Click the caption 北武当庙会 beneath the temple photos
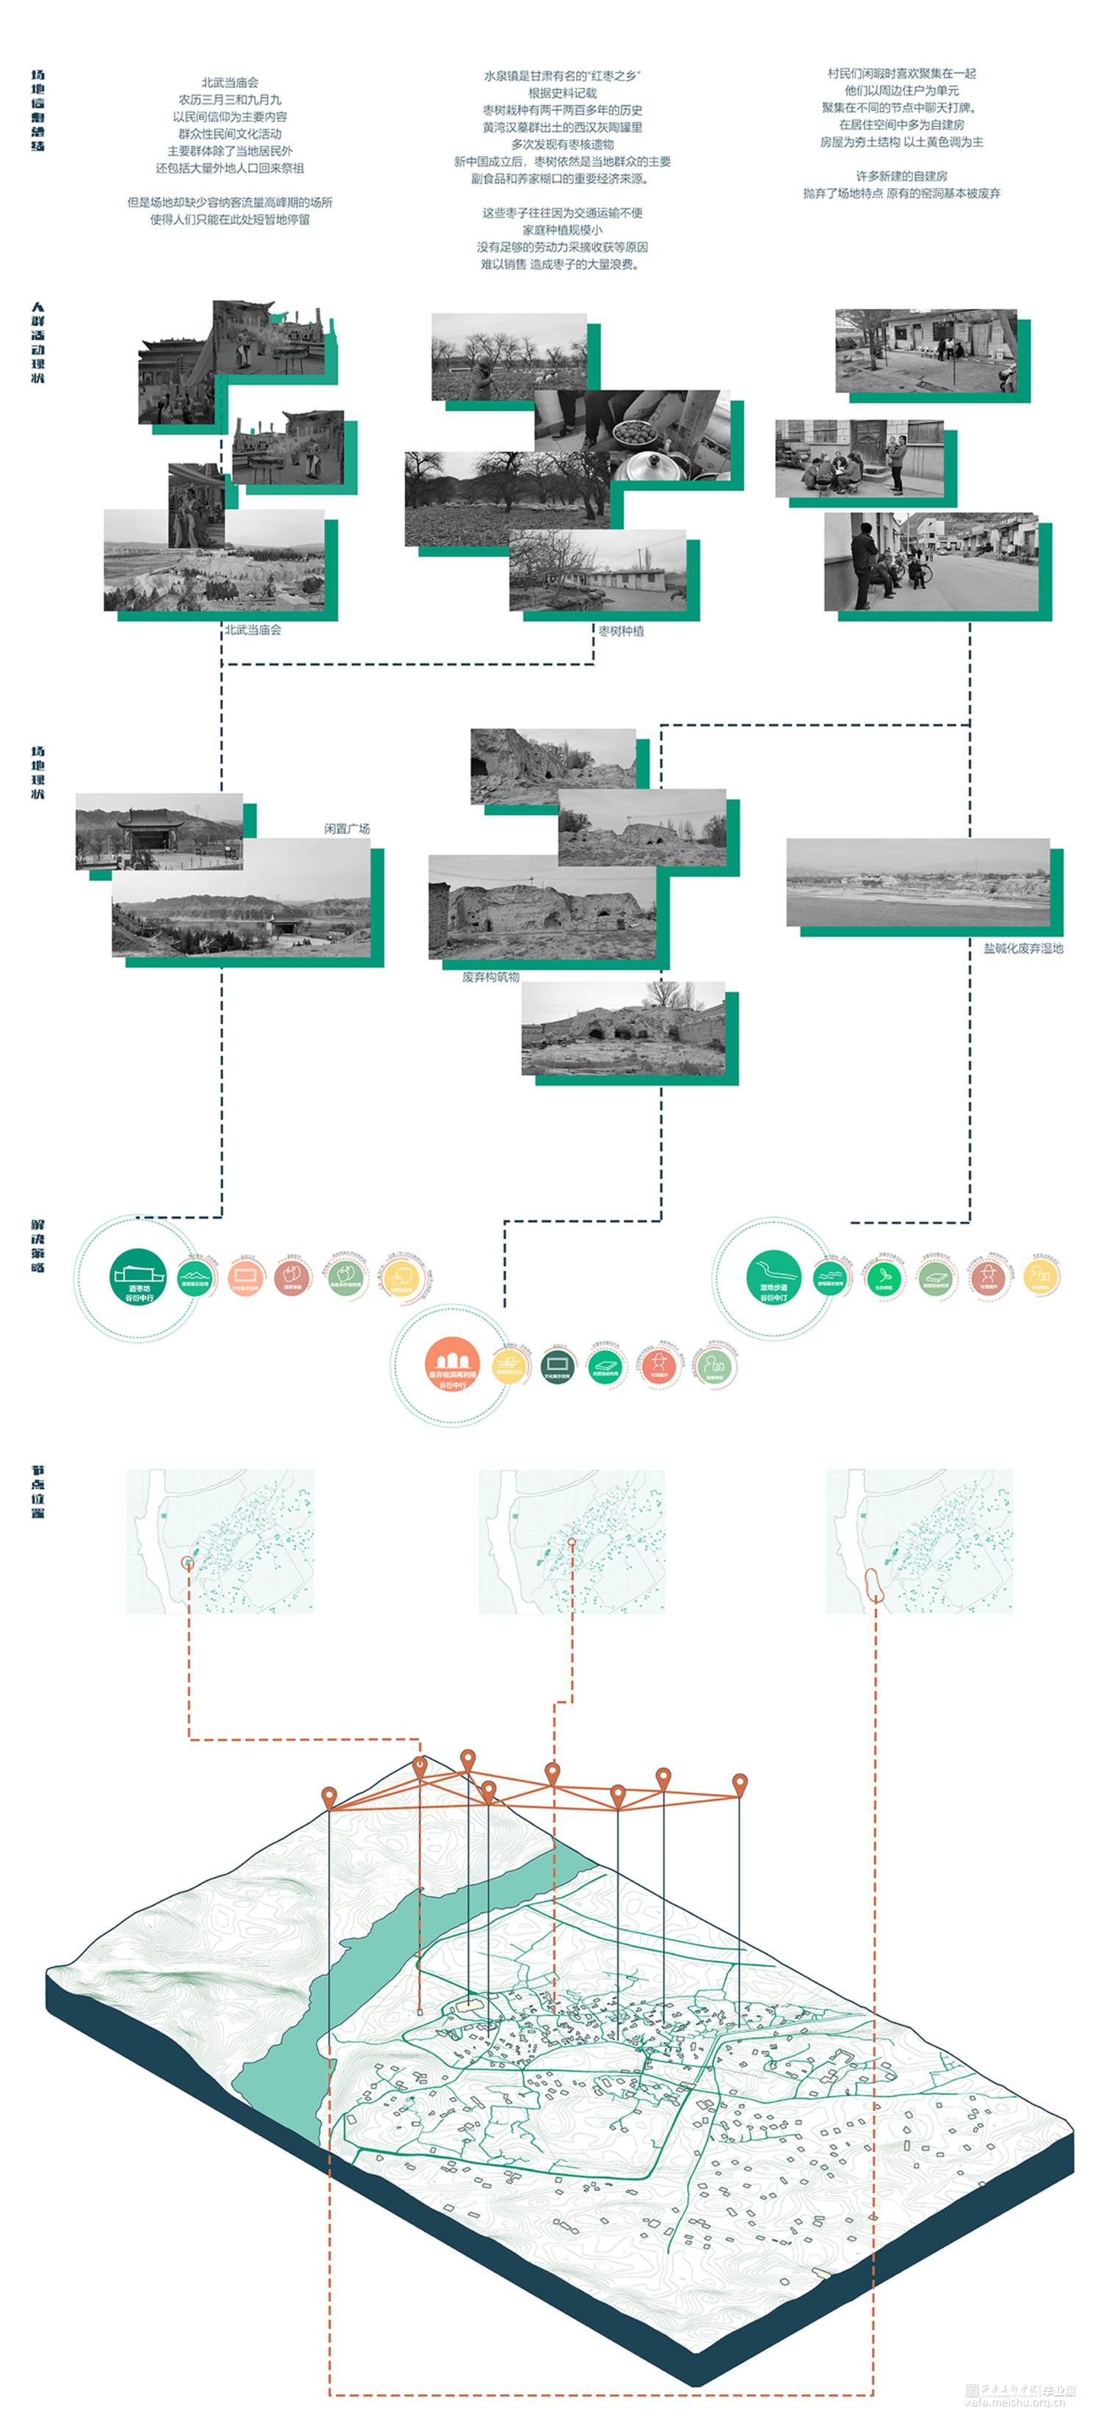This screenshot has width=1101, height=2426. coord(252,630)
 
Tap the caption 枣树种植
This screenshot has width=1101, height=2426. coord(621,631)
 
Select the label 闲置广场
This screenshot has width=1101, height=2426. coord(346,829)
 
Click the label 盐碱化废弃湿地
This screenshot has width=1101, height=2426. coord(1022,948)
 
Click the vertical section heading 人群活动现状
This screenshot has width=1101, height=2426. coord(37,343)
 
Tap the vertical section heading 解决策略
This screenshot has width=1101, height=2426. coord(37,1245)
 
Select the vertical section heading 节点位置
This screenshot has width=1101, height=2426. coord(37,1491)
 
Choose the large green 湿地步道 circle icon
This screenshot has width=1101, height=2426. coord(773,1278)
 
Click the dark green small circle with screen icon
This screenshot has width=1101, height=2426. coord(558,1365)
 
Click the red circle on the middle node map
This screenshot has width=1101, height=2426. coord(572,1543)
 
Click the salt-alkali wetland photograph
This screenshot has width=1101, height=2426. coord(917,882)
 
